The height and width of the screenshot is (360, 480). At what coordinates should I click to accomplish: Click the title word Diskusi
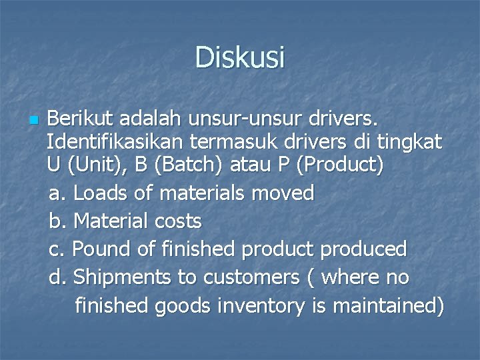(x=240, y=57)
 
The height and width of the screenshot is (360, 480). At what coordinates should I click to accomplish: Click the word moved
(x=284, y=193)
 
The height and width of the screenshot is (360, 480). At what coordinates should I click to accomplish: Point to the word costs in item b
(x=178, y=221)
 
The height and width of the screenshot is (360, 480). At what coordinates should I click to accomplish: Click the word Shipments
(x=123, y=277)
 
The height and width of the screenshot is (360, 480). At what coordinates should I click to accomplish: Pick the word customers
(x=247, y=277)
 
